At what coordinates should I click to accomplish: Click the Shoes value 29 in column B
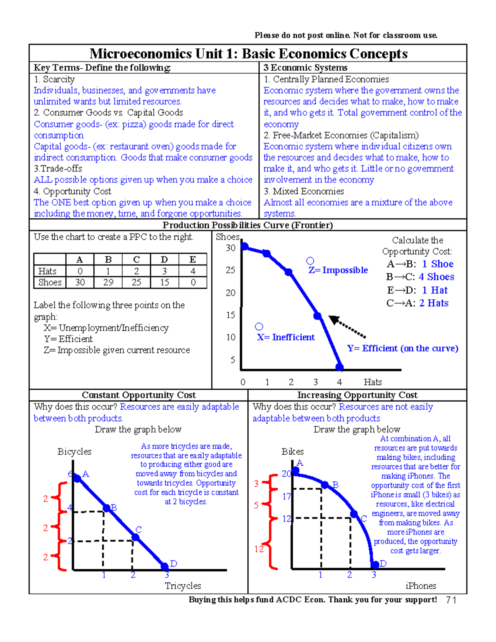tap(108, 282)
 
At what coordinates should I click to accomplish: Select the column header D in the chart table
tap(165, 260)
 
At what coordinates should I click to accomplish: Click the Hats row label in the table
tap(47, 271)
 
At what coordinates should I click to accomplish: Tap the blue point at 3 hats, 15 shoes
tap(317, 316)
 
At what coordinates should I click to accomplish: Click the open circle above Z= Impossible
tap(310, 261)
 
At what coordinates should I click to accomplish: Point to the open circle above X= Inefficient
tap(259, 327)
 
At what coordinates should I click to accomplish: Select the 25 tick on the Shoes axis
tap(230, 270)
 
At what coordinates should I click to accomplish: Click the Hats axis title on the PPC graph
tap(372, 382)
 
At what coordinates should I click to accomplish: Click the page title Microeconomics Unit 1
tap(248, 54)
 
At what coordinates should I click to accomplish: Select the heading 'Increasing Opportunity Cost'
tap(357, 395)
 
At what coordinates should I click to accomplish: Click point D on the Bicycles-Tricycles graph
tap(165, 566)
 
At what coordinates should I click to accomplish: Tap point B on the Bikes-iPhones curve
tap(325, 485)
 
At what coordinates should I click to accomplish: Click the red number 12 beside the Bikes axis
tap(259, 549)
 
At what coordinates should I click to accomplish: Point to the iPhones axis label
tap(420, 586)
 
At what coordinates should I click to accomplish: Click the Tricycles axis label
tap(183, 586)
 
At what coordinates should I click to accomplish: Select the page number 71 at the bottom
tap(451, 600)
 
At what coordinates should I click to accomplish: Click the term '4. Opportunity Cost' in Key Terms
tap(73, 191)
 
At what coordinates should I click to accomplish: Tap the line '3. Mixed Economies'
tap(304, 191)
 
